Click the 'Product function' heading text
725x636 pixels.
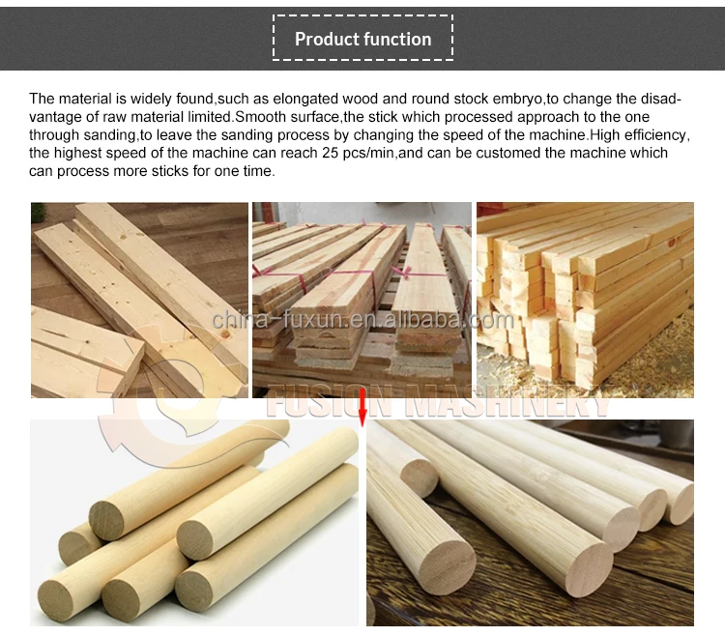click(x=362, y=40)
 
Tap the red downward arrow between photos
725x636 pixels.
click(x=362, y=406)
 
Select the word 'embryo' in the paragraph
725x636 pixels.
click(x=555, y=99)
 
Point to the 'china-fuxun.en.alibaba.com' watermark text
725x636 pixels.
click(x=362, y=320)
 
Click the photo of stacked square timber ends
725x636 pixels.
click(x=585, y=300)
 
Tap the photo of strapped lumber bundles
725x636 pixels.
click(x=362, y=300)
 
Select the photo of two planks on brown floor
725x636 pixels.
click(x=139, y=300)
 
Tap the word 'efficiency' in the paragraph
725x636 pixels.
click(x=652, y=134)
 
